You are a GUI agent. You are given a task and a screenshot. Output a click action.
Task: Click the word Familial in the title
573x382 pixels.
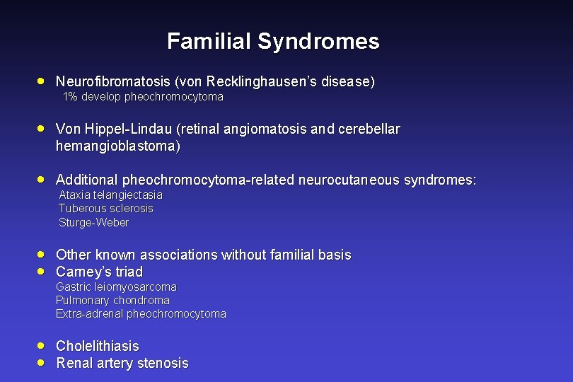click(209, 41)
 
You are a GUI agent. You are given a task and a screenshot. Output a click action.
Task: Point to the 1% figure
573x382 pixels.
click(70, 96)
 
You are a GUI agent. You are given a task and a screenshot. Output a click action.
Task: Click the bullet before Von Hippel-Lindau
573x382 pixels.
click(42, 129)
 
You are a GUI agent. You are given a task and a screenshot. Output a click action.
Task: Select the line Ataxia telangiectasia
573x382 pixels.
click(110, 195)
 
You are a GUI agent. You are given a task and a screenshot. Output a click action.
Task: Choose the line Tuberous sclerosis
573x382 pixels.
click(105, 208)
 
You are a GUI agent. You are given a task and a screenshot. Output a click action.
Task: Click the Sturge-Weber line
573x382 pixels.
click(93, 222)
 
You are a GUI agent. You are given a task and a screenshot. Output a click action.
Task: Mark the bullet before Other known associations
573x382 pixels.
click(42, 254)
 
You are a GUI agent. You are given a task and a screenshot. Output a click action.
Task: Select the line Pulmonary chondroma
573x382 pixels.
click(112, 300)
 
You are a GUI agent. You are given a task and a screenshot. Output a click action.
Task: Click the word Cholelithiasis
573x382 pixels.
click(98, 346)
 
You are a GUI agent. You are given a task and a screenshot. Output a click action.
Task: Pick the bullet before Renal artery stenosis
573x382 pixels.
click(42, 362)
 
